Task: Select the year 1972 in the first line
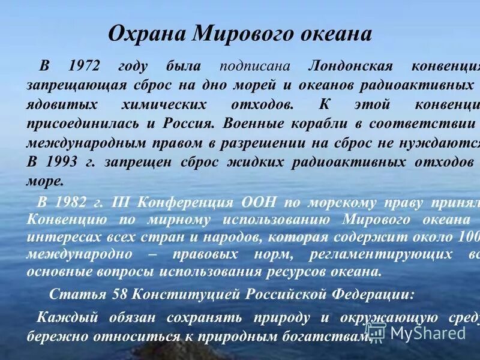click(x=85, y=66)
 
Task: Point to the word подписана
click(x=256, y=66)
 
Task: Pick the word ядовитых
click(x=62, y=104)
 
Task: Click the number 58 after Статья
click(x=119, y=295)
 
